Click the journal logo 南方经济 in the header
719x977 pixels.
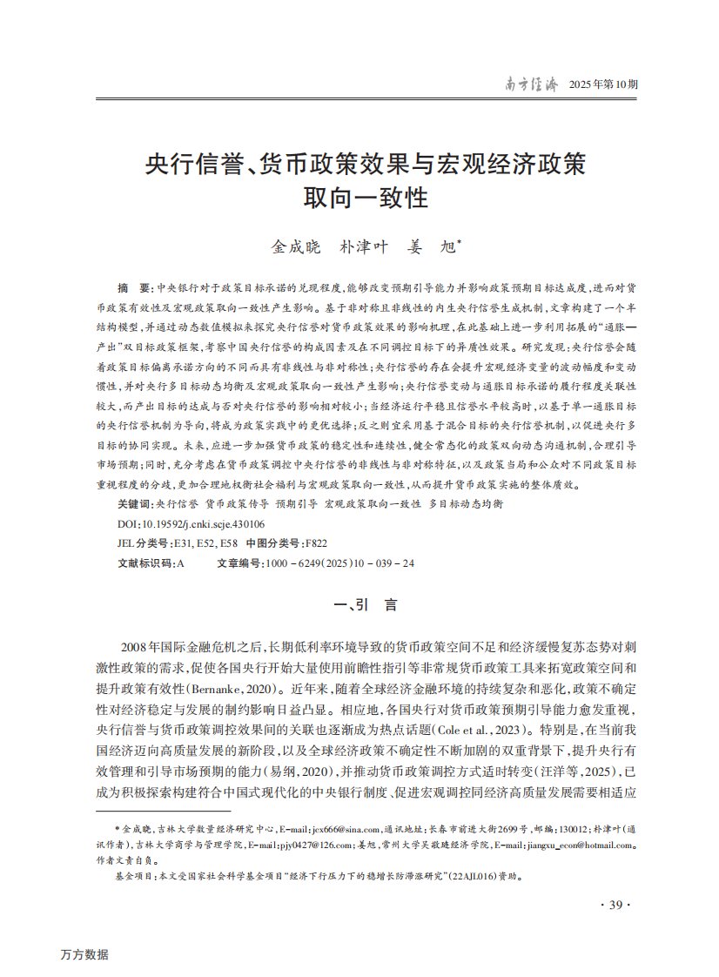(x=533, y=84)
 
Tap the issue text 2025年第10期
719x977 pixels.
(x=603, y=85)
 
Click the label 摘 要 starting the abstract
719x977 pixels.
(x=133, y=286)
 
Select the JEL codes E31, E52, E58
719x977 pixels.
(x=206, y=544)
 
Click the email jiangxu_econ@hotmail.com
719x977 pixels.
(x=579, y=844)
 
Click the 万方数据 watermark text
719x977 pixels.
(x=85, y=954)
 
